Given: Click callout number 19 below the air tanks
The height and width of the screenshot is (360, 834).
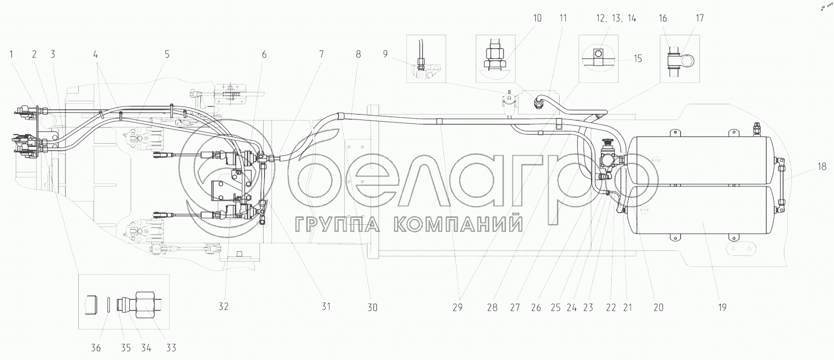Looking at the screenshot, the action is pos(722,307).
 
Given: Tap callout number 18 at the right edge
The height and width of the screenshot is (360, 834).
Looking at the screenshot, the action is pos(821,167).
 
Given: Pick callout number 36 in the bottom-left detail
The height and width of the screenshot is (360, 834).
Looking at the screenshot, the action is pos(96,347).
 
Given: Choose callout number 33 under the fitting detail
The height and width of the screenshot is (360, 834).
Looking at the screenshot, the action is pos(171,347).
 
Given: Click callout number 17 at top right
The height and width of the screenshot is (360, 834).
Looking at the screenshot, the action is pos(700,18).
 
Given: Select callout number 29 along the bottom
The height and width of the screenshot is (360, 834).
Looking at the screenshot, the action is pos(458,307).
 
